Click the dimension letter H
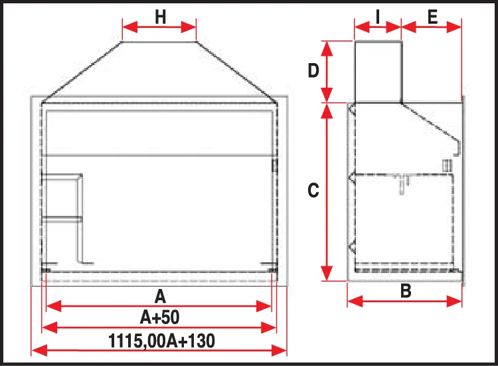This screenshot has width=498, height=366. coord(161,17)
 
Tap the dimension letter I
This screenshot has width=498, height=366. coord(378,17)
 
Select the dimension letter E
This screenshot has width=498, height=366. coord(432,17)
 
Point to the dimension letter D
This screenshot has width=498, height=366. coord(313,70)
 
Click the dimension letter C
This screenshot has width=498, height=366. coord(313,191)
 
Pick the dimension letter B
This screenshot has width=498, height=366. coord(406,291)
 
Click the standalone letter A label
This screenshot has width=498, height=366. coord(160,296)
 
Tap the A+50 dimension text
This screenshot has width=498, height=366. coord(160,317)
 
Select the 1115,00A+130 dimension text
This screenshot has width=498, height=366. coord(161,341)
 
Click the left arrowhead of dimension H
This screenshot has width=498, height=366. coord(130,27)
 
